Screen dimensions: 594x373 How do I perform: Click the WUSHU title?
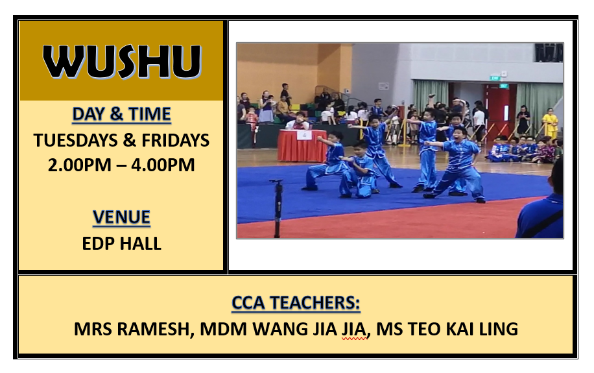(x=122, y=62)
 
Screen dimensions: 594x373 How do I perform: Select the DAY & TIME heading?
(x=122, y=114)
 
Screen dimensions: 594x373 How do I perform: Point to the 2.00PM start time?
(x=80, y=165)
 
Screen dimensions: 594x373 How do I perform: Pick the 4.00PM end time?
(x=163, y=165)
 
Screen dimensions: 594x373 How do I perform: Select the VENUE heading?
(x=122, y=217)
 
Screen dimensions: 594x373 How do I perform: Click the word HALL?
(x=141, y=243)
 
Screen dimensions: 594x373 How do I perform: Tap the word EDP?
(x=97, y=243)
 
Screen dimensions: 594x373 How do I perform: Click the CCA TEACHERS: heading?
(x=296, y=303)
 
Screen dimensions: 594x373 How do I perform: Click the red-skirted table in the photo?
(x=302, y=145)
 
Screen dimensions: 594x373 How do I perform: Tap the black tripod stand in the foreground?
(x=277, y=208)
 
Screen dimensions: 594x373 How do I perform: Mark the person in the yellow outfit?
(x=551, y=123)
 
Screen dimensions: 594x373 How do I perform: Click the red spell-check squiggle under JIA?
(x=355, y=339)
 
